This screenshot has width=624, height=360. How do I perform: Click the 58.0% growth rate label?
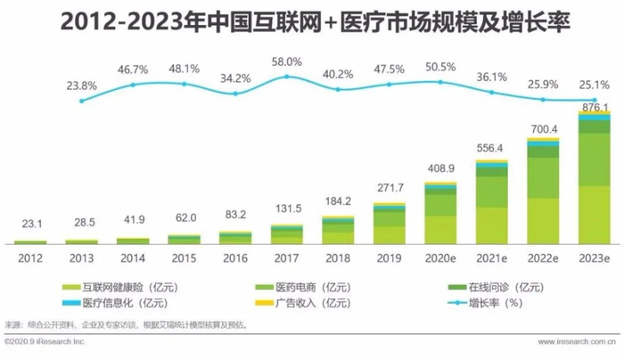[287, 61]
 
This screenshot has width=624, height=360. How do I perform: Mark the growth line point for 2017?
[286, 77]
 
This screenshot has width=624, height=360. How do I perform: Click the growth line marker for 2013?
[81, 101]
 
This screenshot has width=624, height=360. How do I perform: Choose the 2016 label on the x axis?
[234, 257]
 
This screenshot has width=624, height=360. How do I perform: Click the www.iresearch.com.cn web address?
[580, 343]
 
